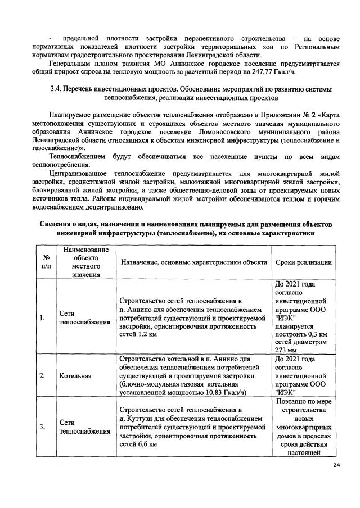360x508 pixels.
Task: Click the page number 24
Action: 337,465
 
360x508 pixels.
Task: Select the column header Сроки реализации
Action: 303,262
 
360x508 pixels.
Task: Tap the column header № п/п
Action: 43,262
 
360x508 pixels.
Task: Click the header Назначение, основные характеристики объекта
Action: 192,262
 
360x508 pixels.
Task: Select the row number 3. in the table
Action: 42,427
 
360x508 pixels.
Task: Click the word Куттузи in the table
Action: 142,419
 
